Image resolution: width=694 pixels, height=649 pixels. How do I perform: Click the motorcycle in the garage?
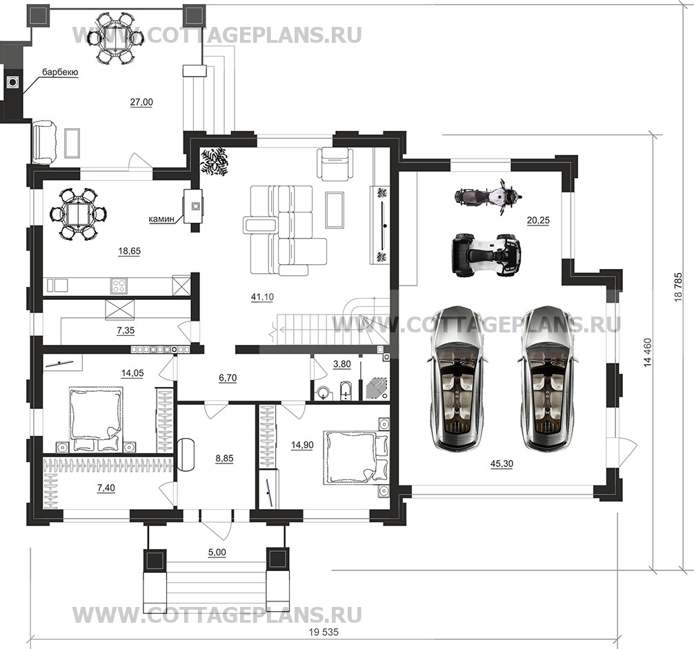coord(485,195)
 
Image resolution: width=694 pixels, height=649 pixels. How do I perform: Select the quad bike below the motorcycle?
coord(485,254)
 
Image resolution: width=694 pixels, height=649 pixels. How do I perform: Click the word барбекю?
coord(59,72)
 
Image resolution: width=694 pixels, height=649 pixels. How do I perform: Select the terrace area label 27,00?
coord(141,102)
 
